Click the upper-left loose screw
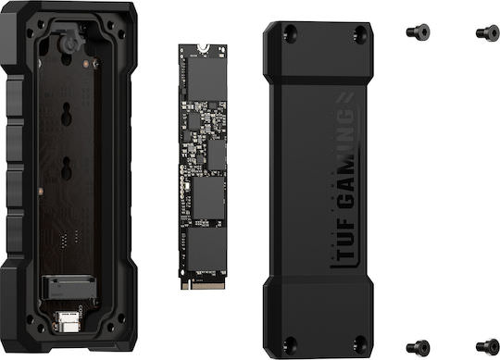coord(418,31)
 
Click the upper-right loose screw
coord(488,32)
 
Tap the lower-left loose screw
coord(418,347)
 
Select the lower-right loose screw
coord(488,347)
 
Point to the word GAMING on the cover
coord(345,159)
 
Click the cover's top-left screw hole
coord(291,32)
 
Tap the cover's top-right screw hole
coord(360,33)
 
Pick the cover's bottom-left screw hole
coord(291,344)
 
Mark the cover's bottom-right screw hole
coord(360,343)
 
